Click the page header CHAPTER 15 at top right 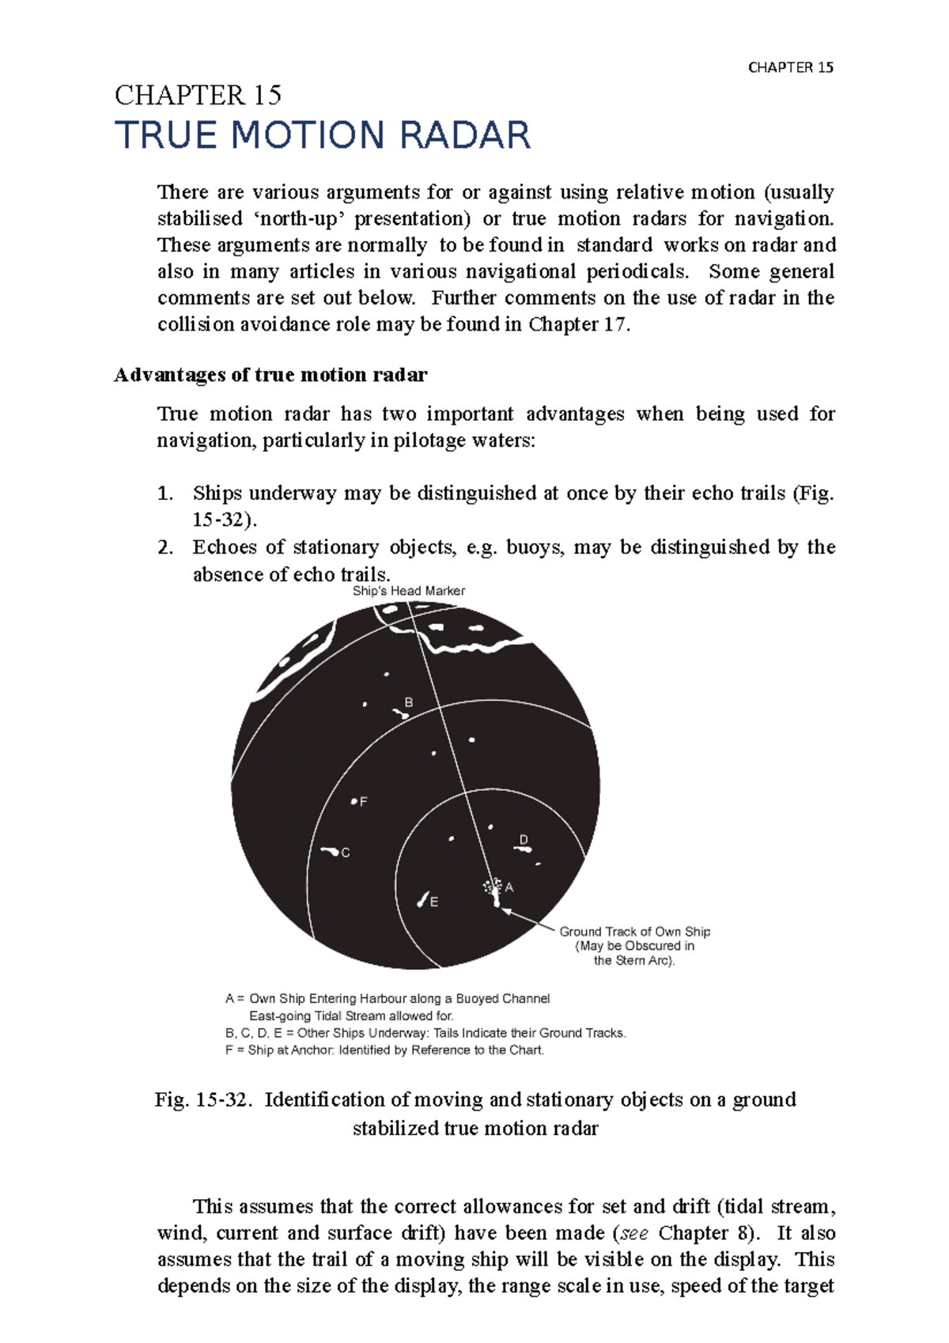(790, 68)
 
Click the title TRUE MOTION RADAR (323, 135)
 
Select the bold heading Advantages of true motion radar (270, 375)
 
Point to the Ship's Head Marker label (408, 591)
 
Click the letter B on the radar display (409, 702)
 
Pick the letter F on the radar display (364, 801)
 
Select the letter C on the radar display (346, 853)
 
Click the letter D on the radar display (524, 839)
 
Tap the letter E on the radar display (434, 902)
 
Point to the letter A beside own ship (509, 887)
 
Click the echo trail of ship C (331, 851)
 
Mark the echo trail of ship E (423, 899)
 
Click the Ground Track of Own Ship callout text (635, 932)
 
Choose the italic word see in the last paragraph (633, 1233)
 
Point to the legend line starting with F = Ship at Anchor (384, 1050)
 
